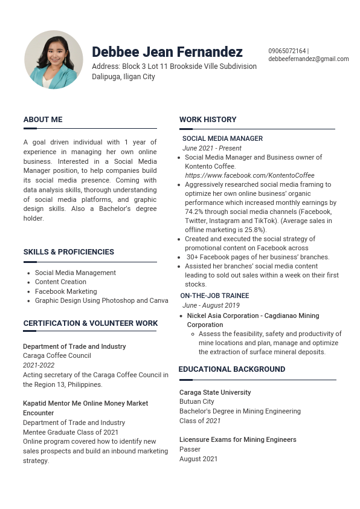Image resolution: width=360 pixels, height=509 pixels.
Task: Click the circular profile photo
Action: pos(54,60)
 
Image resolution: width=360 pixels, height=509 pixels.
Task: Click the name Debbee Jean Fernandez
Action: pos(167,52)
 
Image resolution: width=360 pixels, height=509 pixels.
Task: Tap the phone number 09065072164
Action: pos(287,51)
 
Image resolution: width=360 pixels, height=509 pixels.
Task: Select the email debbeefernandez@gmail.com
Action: pos(309,59)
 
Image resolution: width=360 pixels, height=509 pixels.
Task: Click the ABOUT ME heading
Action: pos(43,120)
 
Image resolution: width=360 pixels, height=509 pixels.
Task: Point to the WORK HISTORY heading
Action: pos(208,120)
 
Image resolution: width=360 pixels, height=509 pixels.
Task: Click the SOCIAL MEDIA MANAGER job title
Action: pos(222,138)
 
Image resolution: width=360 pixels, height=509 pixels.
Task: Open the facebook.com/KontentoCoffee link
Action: pos(249,175)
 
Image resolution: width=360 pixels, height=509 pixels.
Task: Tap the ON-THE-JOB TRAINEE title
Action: pos(214,296)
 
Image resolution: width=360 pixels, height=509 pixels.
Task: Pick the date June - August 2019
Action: pos(211,305)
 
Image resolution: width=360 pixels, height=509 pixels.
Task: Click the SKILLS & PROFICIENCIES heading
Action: pos(69,252)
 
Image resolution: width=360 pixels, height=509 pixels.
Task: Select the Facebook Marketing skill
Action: pos(66,291)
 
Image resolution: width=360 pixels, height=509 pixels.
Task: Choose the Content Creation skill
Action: pos(60,282)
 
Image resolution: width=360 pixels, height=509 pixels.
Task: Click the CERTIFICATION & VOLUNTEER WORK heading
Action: pos(91,323)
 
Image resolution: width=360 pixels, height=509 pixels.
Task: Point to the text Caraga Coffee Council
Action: pos(57,356)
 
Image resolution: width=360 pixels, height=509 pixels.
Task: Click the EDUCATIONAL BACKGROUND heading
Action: pos(232,369)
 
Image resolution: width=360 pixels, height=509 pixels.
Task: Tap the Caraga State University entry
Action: pos(215,392)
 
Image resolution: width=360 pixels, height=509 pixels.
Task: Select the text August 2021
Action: pos(198,459)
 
